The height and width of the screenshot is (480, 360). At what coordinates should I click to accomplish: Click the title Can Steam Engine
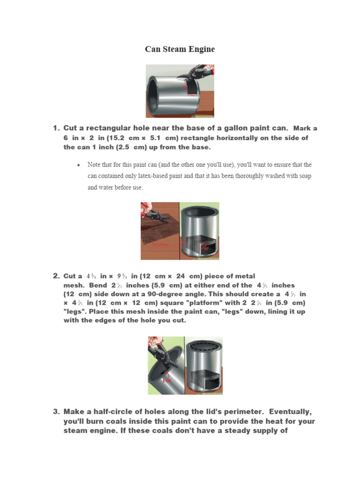(180, 49)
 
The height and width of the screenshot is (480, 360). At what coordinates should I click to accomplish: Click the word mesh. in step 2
(74, 285)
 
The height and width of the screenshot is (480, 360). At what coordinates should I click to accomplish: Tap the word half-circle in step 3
(106, 412)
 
